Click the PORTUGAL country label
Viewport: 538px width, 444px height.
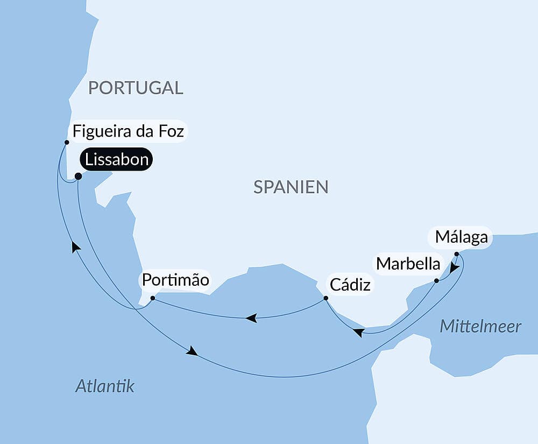[136, 87]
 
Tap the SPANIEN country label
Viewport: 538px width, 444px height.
[291, 187]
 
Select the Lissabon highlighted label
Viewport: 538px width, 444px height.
[116, 160]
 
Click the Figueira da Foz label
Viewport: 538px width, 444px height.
[129, 132]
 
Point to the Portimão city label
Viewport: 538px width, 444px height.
[175, 280]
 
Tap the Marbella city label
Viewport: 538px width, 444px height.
[408, 264]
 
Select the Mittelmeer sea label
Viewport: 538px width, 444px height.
[480, 326]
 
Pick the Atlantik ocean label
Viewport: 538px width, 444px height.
[105, 385]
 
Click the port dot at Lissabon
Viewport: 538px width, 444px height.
[78, 176]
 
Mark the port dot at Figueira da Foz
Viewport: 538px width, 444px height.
[67, 143]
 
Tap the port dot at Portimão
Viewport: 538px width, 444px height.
[152, 298]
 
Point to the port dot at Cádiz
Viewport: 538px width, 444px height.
[325, 298]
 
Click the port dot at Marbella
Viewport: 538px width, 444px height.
[436, 280]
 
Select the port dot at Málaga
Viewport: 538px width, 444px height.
[456, 253]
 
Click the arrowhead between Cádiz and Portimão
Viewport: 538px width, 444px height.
[251, 319]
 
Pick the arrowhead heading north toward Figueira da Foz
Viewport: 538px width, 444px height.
[76, 246]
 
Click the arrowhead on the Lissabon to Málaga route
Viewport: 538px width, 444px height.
[192, 351]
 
